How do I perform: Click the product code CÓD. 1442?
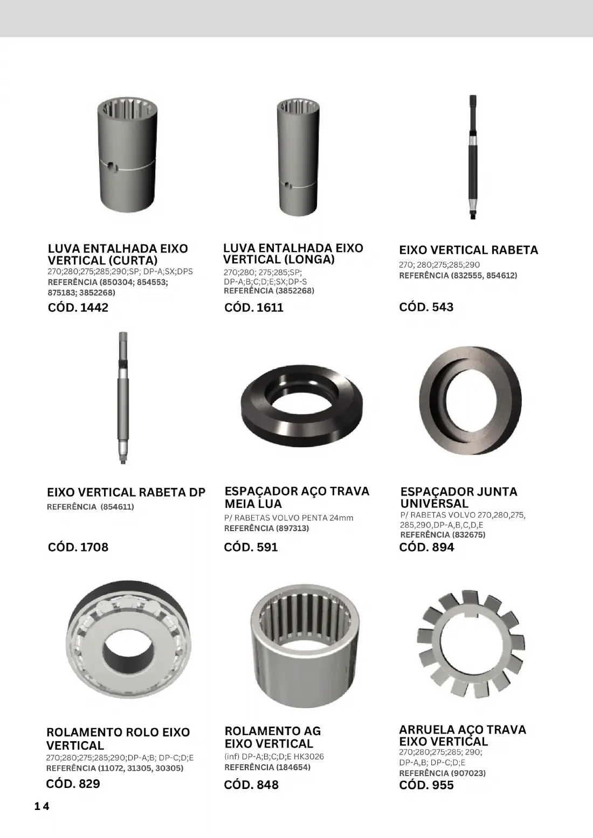point(78,308)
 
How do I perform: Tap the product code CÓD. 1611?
point(253,308)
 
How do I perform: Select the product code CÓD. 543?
point(426,307)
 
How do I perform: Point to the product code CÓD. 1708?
point(78,547)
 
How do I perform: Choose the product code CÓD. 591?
point(251,547)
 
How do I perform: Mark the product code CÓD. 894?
point(426,547)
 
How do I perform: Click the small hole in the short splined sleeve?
point(111,167)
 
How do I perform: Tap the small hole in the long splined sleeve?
point(287,185)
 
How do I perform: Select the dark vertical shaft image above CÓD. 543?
point(473,157)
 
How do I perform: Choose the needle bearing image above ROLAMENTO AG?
point(304,646)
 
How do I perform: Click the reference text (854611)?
point(117,507)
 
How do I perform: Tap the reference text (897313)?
point(292,528)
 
